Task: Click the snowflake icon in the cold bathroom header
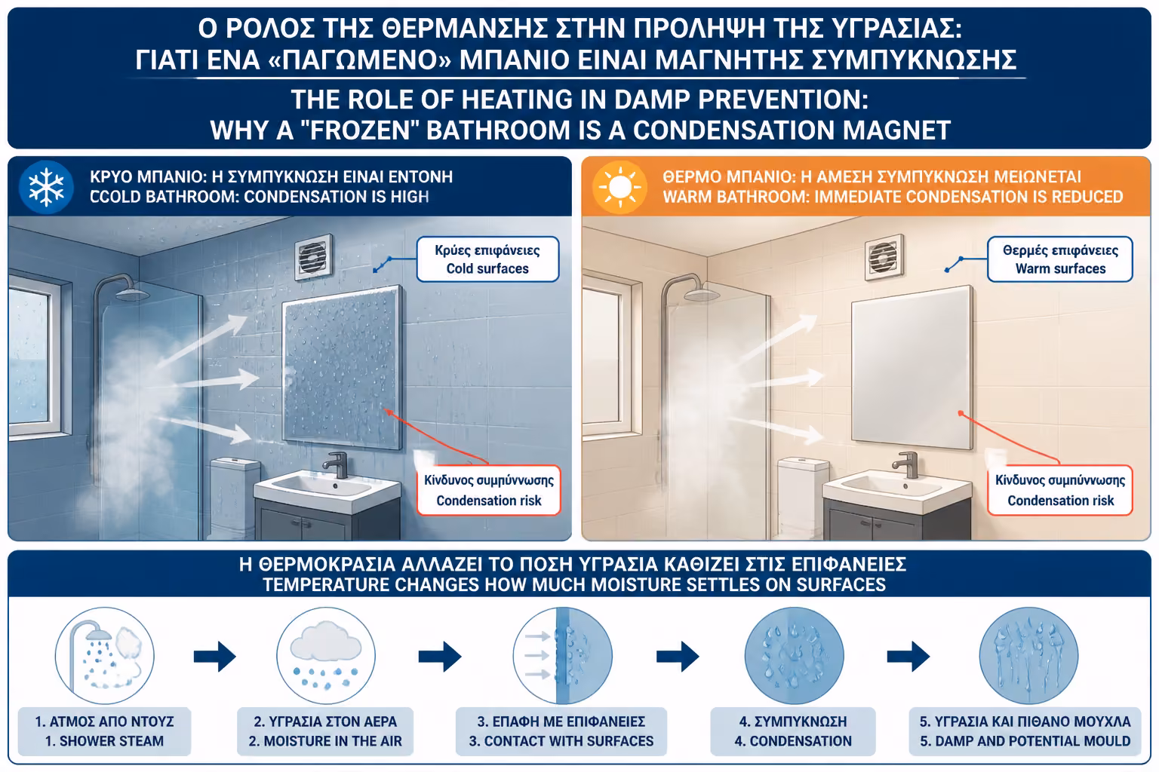click(x=46, y=187)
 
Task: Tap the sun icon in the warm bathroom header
click(x=619, y=187)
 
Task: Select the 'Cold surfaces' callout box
click(x=487, y=259)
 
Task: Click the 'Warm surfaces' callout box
click(x=1059, y=259)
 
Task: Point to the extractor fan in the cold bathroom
click(x=314, y=257)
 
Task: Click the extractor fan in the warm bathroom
click(x=884, y=257)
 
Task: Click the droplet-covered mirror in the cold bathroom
click(x=343, y=366)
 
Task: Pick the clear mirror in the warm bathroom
click(x=912, y=366)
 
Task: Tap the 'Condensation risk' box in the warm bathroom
click(x=1059, y=490)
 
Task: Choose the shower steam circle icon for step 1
click(x=105, y=656)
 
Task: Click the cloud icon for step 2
click(x=326, y=656)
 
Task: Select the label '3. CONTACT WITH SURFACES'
click(x=561, y=741)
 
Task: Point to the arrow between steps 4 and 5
click(x=908, y=657)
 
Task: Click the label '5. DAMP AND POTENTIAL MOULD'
click(x=1025, y=741)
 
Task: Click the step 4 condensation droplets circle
click(x=795, y=656)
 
